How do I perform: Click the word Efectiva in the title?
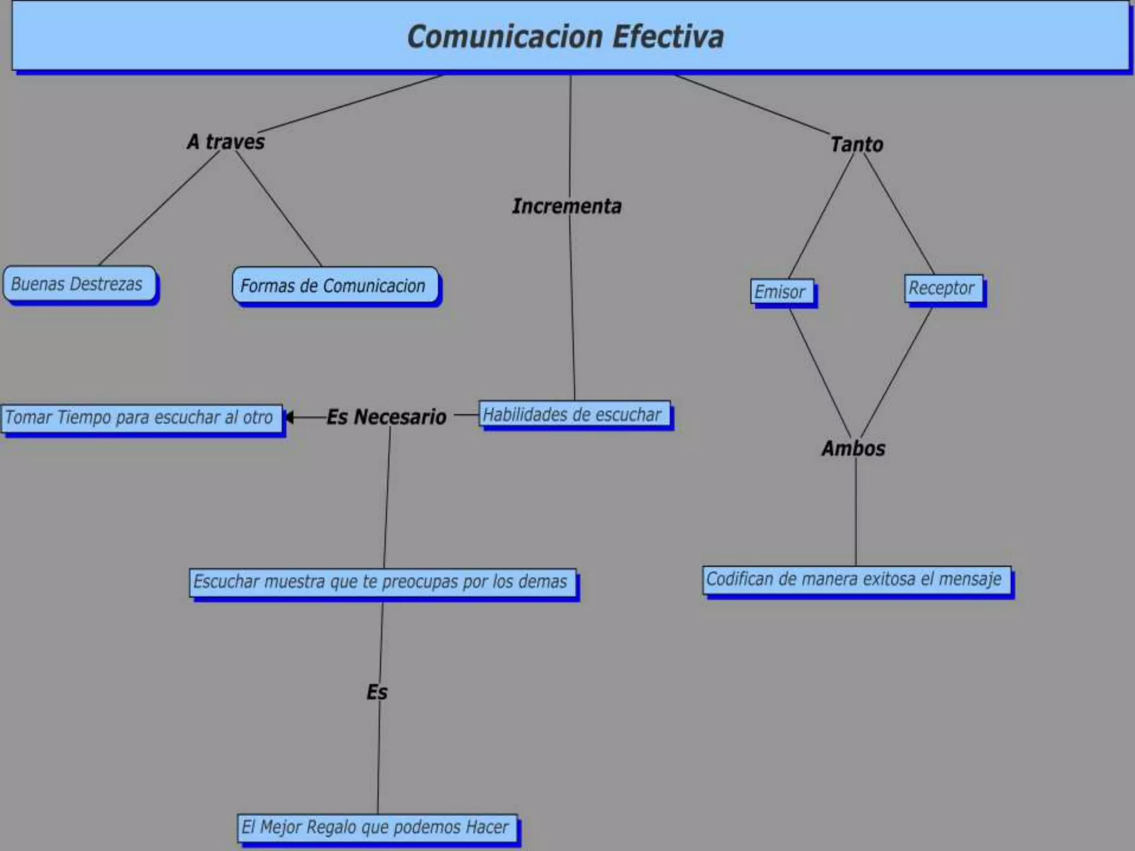(668, 37)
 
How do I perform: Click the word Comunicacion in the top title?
(504, 37)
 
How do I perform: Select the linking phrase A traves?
(226, 142)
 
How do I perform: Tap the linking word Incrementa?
(566, 206)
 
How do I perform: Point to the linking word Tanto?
(856, 145)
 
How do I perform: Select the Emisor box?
(782, 291)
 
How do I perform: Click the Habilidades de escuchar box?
(574, 414)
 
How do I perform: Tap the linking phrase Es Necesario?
(386, 417)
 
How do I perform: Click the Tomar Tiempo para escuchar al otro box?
(141, 417)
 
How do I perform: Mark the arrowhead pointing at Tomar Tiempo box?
(289, 417)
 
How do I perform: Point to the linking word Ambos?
(853, 449)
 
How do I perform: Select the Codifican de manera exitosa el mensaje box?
(856, 580)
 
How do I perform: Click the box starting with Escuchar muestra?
(382, 582)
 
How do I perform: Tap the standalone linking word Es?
(377, 692)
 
